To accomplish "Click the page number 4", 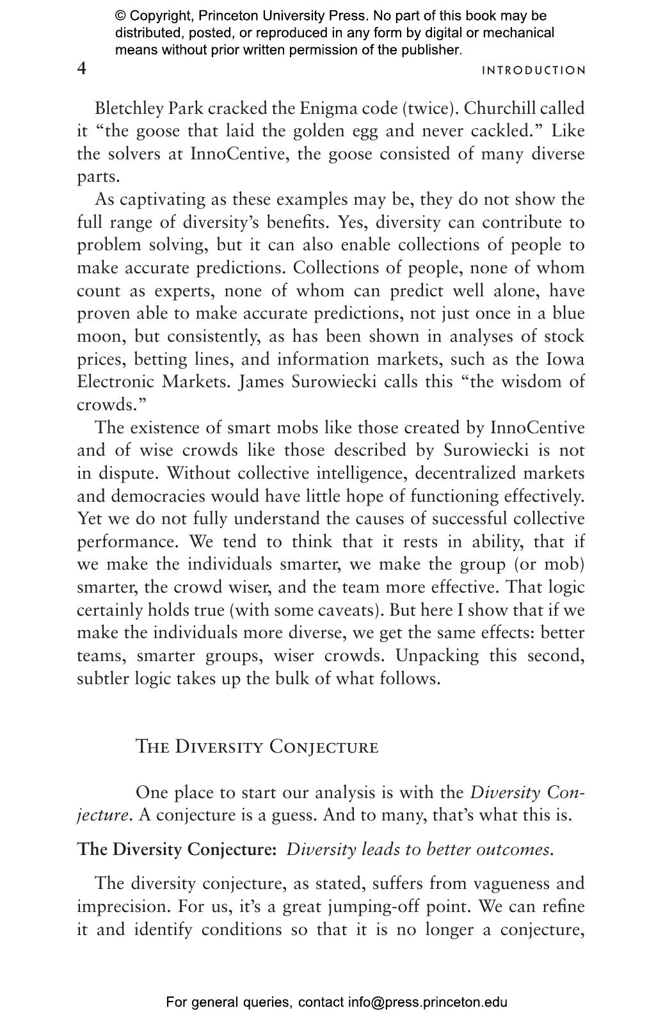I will tap(82, 68).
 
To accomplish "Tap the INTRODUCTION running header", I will tap(534, 70).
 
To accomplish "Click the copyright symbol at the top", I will tap(120, 16).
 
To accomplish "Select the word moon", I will tap(100, 337).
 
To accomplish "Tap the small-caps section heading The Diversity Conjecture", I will tap(257, 747).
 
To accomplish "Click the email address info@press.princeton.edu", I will tap(428, 1002).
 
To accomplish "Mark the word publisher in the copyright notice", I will tap(430, 50).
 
